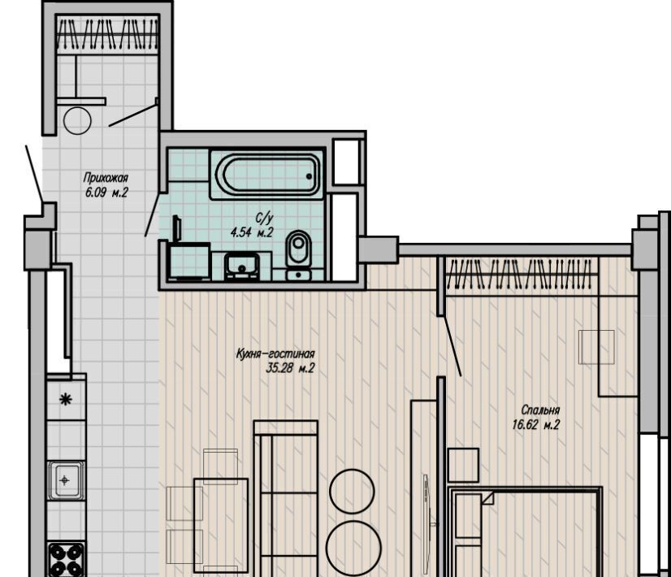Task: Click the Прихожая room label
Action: pos(106,178)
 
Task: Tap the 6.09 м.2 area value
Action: pos(106,192)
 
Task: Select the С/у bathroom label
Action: pos(264,219)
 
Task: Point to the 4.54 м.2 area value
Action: pos(252,233)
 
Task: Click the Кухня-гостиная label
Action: pos(275,354)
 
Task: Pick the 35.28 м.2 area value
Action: pos(290,368)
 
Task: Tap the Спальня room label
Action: pos(540,410)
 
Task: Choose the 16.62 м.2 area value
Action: pos(536,424)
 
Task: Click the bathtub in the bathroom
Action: pos(267,175)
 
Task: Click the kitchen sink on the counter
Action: pos(65,480)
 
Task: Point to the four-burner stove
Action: pos(66,559)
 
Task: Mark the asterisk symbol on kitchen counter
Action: pos(66,400)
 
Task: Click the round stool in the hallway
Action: pos(77,121)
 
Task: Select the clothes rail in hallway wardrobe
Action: pos(107,33)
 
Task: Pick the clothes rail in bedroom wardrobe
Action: pos(521,274)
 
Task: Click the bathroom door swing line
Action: pos(154,214)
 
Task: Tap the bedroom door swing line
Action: pos(452,346)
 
